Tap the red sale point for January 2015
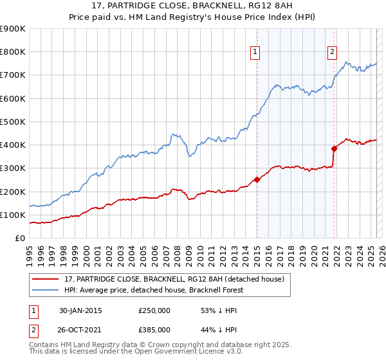pos(257,180)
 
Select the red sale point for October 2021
pos(334,148)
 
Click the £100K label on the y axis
pos(14,215)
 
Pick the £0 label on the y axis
pos(20,239)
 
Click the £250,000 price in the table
pos(154,310)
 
